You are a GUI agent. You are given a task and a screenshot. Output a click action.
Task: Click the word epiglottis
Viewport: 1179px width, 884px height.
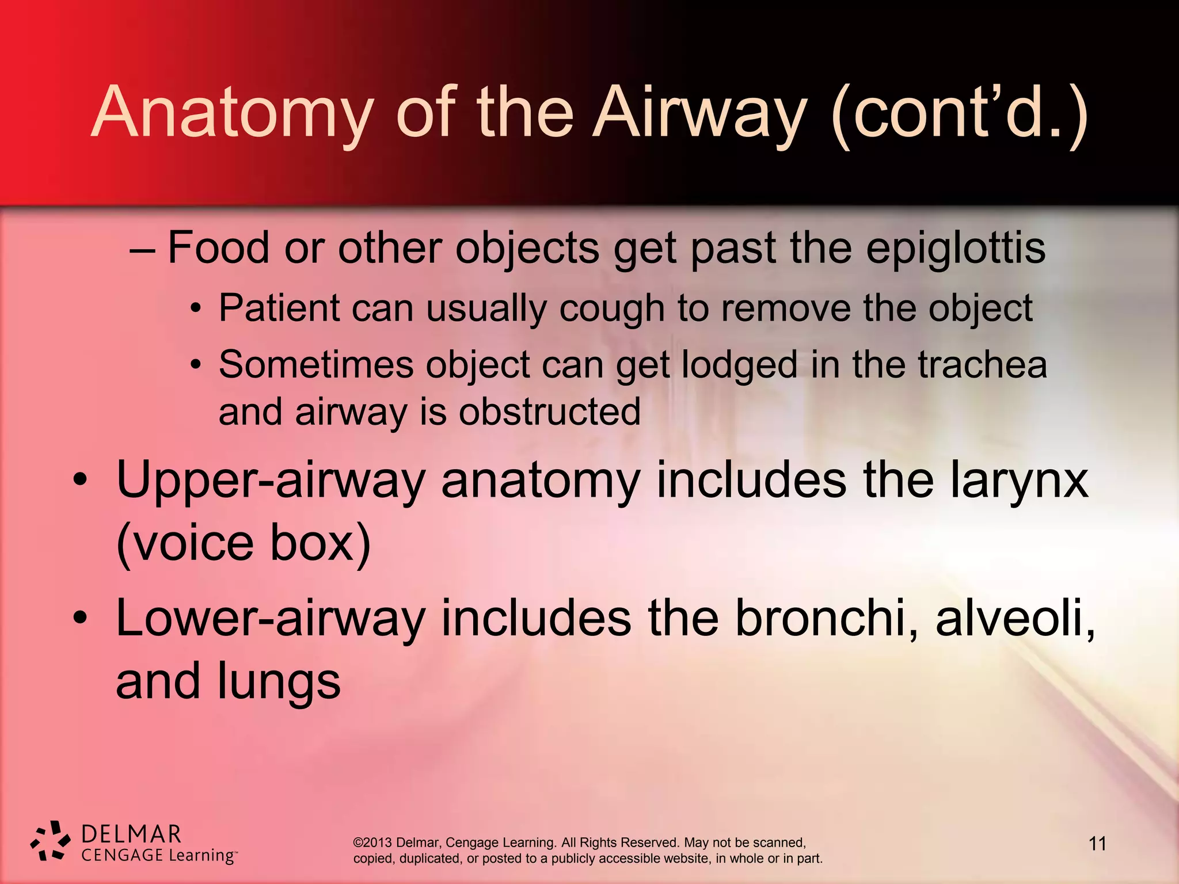(x=956, y=249)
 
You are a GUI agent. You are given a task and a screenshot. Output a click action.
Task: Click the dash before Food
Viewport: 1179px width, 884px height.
(x=142, y=251)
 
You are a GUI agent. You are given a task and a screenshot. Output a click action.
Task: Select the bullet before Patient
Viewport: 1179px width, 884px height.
(x=196, y=309)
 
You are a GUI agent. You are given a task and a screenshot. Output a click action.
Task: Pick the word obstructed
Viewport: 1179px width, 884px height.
(x=549, y=412)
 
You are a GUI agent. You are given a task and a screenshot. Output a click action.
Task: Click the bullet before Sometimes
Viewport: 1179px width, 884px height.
(x=196, y=365)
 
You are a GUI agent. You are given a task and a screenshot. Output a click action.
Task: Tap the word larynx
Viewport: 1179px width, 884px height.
(x=1019, y=481)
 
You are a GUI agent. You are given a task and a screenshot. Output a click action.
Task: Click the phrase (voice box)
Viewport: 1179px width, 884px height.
(x=243, y=543)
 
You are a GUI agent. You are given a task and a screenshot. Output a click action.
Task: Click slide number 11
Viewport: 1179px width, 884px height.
(x=1097, y=844)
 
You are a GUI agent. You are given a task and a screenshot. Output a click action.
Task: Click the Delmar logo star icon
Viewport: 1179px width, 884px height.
(x=51, y=841)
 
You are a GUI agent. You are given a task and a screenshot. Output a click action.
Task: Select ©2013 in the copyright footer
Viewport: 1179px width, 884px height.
(x=372, y=843)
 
